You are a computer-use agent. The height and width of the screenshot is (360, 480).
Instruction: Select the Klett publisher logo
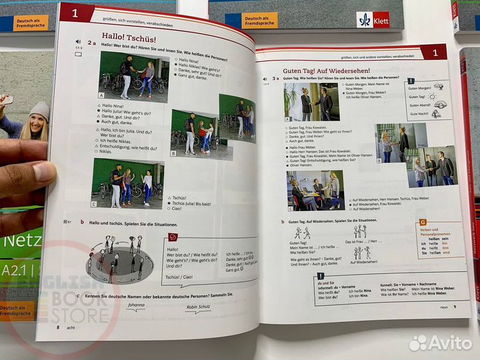click(373, 19)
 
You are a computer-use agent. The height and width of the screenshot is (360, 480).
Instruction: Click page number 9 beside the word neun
click(454, 307)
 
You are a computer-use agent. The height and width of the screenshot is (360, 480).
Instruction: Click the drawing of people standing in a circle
click(117, 257)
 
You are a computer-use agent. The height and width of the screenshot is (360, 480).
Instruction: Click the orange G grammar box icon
click(423, 222)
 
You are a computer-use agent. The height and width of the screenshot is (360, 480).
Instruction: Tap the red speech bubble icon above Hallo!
click(173, 237)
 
